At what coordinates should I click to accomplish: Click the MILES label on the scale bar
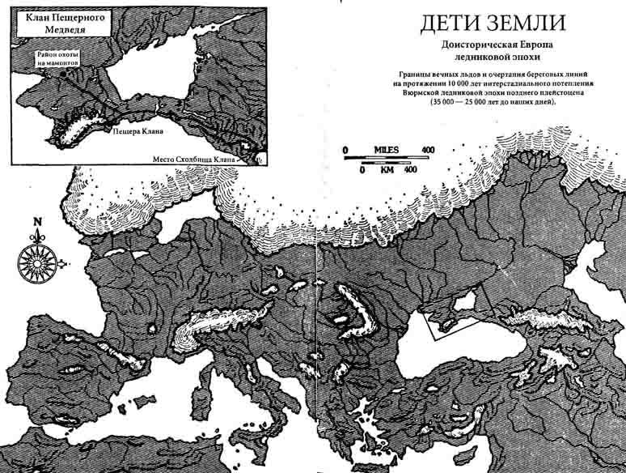click(387, 150)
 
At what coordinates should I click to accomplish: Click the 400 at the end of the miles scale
click(428, 150)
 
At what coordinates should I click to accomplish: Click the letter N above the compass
click(37, 220)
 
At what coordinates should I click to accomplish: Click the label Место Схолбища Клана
click(194, 160)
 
